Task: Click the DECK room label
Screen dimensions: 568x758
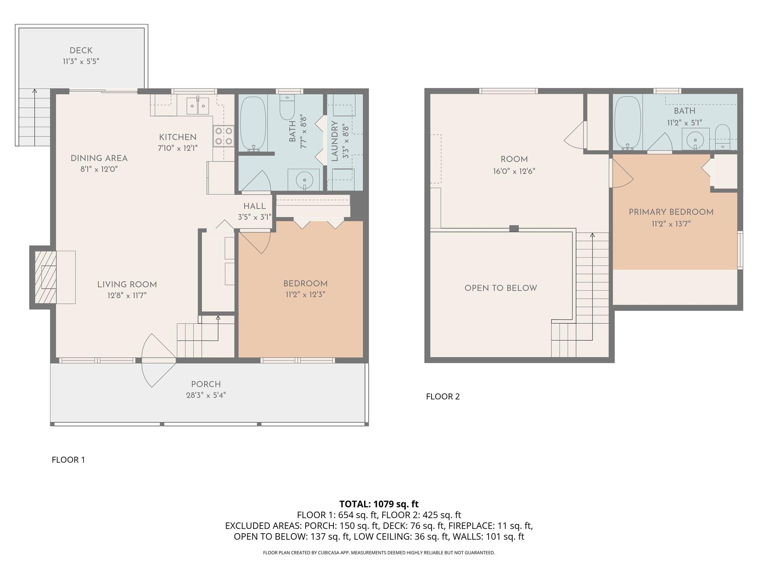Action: (x=81, y=51)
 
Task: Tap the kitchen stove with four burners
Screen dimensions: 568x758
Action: (x=224, y=136)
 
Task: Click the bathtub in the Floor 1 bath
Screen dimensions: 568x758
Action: (x=253, y=124)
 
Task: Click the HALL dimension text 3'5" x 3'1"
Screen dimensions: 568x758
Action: (x=255, y=217)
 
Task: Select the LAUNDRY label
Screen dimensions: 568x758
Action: (x=335, y=141)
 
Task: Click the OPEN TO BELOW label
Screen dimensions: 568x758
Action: (x=500, y=288)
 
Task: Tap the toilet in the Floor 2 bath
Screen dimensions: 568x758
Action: (x=722, y=137)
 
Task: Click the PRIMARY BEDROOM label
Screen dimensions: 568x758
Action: (x=671, y=212)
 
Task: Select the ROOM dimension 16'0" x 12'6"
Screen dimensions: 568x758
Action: (x=514, y=171)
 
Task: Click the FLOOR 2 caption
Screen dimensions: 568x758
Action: (x=443, y=397)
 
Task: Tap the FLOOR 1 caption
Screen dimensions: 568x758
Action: (x=68, y=460)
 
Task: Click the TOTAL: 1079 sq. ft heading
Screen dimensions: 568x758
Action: (x=379, y=504)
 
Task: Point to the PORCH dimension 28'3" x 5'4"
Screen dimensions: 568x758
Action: (x=206, y=395)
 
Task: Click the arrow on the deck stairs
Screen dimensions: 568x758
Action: (x=35, y=91)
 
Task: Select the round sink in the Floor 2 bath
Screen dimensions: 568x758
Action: (x=695, y=140)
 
